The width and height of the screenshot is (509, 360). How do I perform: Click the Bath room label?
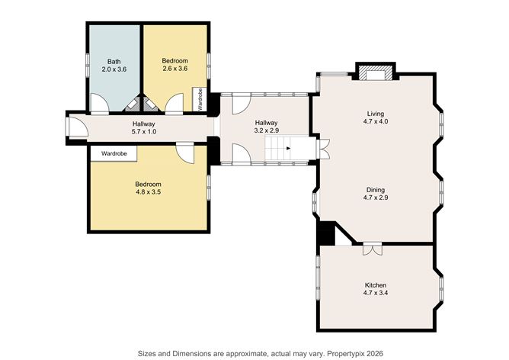pos(114,61)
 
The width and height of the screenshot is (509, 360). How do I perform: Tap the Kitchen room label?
pos(376,284)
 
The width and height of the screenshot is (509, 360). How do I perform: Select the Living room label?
pos(376,113)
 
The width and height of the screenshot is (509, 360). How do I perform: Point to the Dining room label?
pos(376,190)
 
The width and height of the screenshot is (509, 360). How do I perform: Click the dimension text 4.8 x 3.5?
pos(148,192)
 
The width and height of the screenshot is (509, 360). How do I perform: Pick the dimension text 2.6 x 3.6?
pos(174,69)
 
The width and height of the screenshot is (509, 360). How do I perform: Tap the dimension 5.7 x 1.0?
pos(143,132)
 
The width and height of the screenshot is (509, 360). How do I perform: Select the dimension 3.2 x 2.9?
pos(266,130)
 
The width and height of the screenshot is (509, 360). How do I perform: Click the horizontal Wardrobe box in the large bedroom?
pos(114,153)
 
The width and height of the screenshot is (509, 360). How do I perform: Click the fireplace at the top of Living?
pos(376,73)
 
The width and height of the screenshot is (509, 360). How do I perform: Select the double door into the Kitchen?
pos(373,249)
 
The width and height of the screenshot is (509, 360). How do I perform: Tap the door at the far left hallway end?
pos(74,128)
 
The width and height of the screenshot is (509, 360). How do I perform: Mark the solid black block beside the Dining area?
pos(325,233)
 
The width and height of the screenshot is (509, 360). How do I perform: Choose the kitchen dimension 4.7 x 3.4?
pos(376,293)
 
